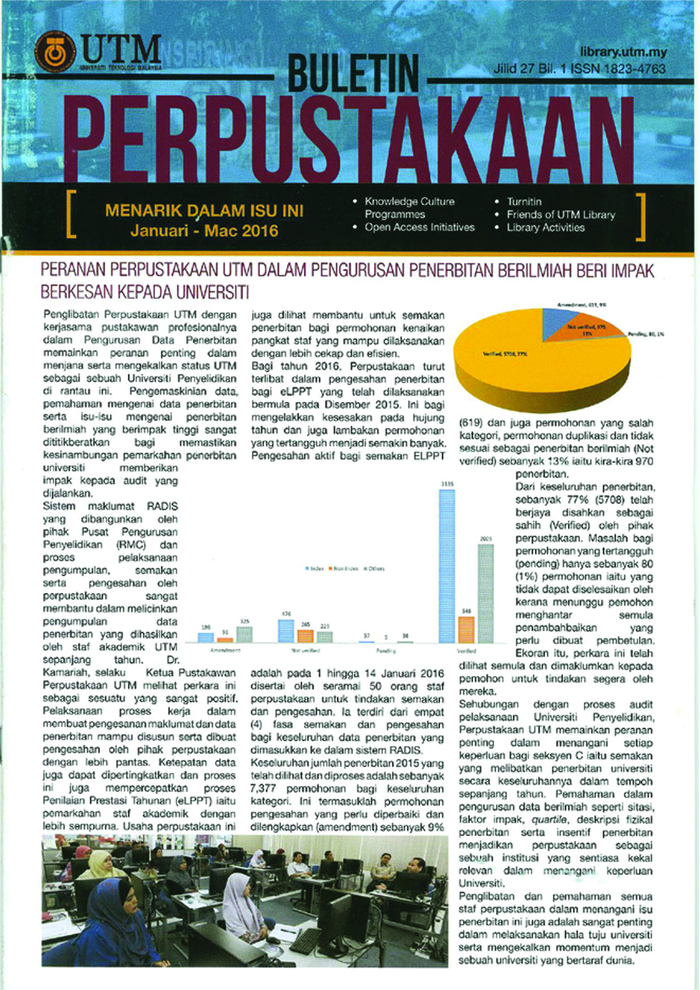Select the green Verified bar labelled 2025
pyautogui.click(x=484, y=592)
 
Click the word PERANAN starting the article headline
pyautogui.click(x=75, y=272)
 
